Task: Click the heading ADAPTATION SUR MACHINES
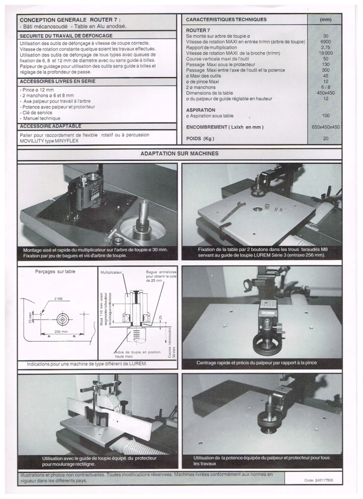179,154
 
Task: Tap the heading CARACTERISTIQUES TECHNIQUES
226,19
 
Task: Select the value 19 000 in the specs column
325,53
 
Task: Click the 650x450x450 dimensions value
325,127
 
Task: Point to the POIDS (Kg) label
200,139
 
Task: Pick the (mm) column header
325,20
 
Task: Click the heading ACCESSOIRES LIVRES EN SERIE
57,81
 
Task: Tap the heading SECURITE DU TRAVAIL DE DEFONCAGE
66,36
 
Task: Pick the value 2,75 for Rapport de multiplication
325,47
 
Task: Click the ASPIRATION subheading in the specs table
201,110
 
